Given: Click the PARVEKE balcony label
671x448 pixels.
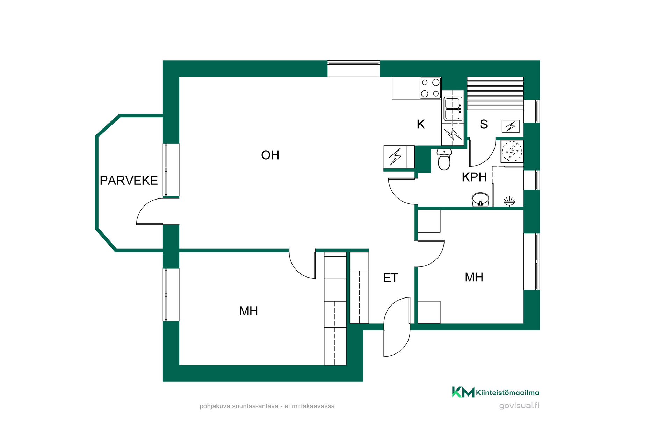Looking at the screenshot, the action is coord(129,181).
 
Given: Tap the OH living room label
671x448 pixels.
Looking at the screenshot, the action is coord(270,155).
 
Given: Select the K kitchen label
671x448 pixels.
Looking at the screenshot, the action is coord(421,124).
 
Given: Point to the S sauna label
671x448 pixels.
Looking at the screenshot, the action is coord(484,124).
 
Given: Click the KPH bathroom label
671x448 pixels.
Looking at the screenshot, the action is coord(474,177).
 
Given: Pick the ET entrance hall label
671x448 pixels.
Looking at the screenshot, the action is coord(390,278).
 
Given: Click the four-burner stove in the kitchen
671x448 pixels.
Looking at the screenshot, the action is coord(430,88).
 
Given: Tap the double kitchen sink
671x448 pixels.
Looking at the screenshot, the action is coord(453,109).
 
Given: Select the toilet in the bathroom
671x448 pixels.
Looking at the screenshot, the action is coord(444,159).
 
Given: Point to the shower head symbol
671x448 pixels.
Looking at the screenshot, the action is coord(509,201).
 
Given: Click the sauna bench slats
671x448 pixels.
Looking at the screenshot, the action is coord(495,93).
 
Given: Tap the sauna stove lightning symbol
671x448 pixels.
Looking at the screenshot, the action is coord(511,126).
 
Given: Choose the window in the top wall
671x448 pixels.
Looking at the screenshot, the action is coord(354,69).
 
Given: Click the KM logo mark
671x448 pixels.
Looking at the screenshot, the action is coord(463,392).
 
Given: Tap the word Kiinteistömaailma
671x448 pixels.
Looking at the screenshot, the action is coord(507,393).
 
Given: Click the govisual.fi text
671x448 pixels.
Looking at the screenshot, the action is coord(519,406).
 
